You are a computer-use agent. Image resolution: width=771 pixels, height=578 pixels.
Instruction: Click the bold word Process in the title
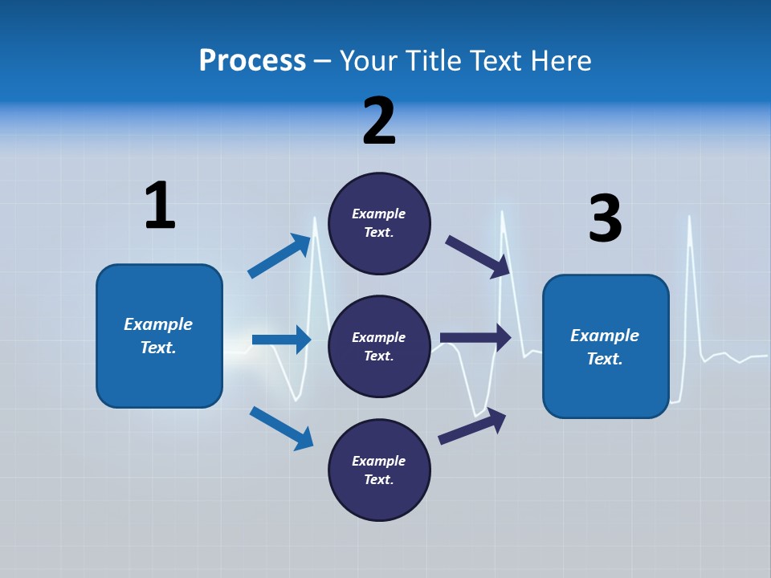click(252, 61)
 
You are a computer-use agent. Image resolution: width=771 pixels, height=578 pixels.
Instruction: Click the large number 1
click(160, 206)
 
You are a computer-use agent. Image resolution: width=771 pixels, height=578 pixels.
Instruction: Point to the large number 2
click(379, 120)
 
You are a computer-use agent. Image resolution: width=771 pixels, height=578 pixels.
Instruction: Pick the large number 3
click(605, 218)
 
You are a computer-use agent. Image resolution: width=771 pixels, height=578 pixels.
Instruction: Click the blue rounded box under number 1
click(159, 336)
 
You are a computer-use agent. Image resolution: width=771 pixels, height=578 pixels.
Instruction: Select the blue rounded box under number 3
click(606, 347)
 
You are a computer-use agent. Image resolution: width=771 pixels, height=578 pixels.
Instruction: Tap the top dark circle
click(379, 223)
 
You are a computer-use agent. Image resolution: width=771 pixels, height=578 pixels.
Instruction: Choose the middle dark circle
click(379, 347)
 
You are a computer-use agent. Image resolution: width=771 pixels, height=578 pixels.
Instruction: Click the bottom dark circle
click(379, 470)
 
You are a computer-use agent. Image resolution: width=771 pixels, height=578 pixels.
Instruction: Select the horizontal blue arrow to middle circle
click(281, 340)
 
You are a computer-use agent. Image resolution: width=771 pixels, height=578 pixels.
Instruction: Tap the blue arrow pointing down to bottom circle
click(281, 428)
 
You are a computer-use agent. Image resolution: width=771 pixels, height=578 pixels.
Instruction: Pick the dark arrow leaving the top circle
click(478, 256)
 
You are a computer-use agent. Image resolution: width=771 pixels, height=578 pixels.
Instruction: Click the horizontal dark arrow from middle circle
click(475, 338)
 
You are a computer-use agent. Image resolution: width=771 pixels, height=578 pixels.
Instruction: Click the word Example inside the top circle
click(379, 214)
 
